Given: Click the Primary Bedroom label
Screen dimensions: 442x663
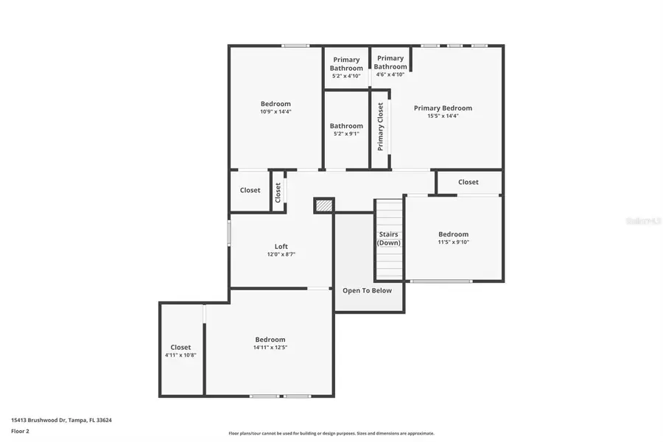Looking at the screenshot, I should pos(443,108).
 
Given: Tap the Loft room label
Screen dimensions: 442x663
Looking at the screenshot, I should pos(281,246).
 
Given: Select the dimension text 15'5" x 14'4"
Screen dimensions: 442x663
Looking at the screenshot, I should pos(443,116).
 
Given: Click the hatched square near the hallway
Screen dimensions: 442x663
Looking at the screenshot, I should pos(323,206).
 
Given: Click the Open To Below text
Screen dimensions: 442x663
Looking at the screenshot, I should pos(368,290).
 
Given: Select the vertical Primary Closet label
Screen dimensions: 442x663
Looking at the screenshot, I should pos(381,127).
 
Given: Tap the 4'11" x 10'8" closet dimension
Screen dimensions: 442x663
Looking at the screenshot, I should pos(180,355).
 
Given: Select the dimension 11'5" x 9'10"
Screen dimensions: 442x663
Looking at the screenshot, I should pos(453,242).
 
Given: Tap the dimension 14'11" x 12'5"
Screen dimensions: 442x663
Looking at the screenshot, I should pos(270,348).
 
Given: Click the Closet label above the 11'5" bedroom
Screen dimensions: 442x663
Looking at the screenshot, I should pos(468,182).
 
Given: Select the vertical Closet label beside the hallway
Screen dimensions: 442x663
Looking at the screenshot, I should pos(278,192).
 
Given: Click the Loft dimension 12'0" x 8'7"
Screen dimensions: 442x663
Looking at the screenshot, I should pos(281,254).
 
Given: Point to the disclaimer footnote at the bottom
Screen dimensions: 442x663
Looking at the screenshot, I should pos(331,433).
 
